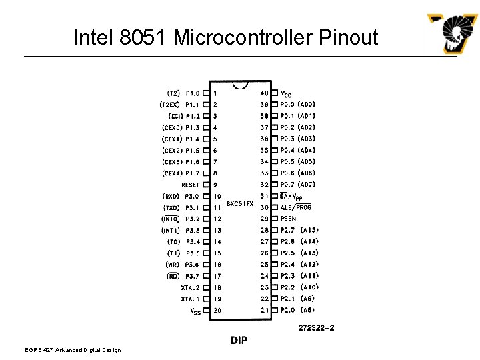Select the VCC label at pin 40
pyautogui.click(x=285, y=93)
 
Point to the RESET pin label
pyautogui.click(x=191, y=185)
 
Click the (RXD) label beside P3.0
pyautogui.click(x=171, y=196)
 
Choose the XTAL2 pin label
pyautogui.click(x=190, y=287)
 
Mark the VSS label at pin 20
pyautogui.click(x=195, y=311)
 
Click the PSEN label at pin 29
pyautogui.click(x=288, y=219)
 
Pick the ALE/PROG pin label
pyautogui.click(x=295, y=207)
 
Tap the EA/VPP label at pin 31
pyautogui.click(x=291, y=196)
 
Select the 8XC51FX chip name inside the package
pyautogui.click(x=240, y=203)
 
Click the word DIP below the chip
pyautogui.click(x=239, y=341)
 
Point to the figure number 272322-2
pyautogui.click(x=317, y=328)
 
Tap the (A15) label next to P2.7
pyautogui.click(x=309, y=230)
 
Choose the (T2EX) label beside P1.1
pyautogui.click(x=169, y=105)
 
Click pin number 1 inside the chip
pyautogui.click(x=215, y=93)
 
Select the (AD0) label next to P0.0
pyautogui.click(x=307, y=105)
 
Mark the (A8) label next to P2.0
pyautogui.click(x=308, y=310)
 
